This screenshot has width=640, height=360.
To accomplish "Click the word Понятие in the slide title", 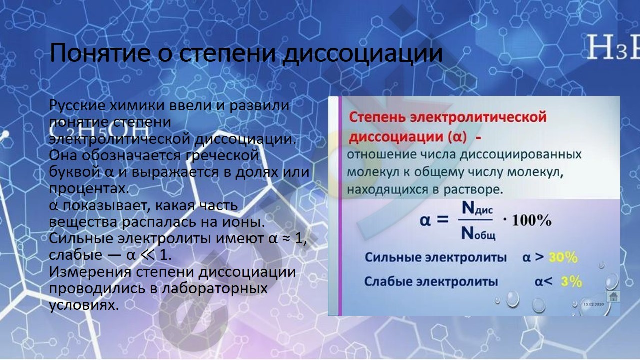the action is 100,53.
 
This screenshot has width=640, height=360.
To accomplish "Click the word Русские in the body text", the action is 77,105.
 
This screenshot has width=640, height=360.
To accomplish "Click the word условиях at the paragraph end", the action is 84,305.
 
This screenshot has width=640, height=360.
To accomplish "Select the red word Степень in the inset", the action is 377,117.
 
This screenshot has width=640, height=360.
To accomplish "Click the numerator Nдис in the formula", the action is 477,208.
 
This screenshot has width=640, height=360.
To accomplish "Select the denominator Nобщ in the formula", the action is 478,234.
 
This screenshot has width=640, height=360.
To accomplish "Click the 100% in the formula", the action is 532,221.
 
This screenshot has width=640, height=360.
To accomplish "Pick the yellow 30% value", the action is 563,257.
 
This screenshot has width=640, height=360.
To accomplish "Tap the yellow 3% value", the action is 571,282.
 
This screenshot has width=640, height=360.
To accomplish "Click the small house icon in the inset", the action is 613,296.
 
